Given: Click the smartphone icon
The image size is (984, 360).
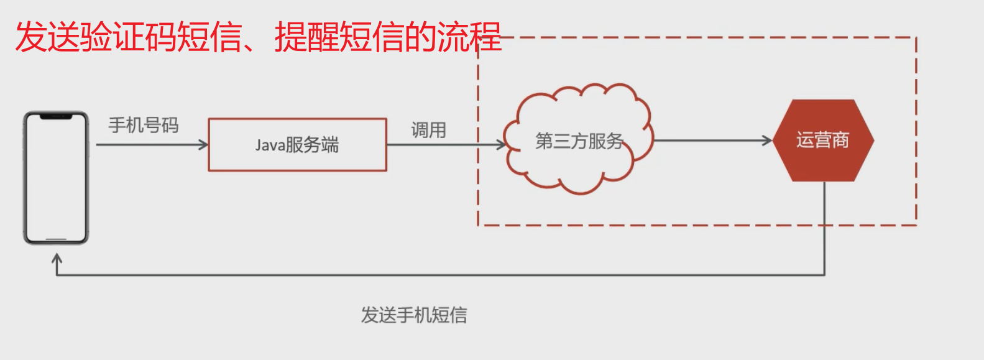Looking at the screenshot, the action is [56, 178].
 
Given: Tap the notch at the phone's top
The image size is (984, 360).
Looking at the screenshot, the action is [56, 116].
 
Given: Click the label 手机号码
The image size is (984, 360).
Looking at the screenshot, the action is [144, 125].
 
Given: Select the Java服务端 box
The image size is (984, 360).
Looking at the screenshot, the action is [297, 144].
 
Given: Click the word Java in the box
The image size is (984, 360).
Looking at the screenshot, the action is [270, 145].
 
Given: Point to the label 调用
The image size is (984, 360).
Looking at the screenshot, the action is [429, 130].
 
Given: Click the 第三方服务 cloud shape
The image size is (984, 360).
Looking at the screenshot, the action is [579, 139].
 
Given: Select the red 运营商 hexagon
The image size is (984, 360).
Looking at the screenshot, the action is [823, 141].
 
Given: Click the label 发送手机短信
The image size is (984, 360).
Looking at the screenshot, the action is [414, 315].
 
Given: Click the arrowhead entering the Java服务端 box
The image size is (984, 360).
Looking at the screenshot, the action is [203, 145].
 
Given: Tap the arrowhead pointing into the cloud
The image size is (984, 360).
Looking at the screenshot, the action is [502, 145].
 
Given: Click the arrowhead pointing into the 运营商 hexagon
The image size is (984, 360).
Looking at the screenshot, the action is [767, 141].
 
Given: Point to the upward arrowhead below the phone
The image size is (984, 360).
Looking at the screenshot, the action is [57, 258].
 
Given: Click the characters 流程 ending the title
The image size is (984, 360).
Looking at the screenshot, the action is [469, 37].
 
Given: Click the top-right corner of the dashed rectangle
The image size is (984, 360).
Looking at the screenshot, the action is [916, 37].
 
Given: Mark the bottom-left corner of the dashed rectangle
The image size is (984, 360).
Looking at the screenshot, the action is [478, 225].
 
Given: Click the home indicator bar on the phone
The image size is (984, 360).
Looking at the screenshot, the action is [56, 239].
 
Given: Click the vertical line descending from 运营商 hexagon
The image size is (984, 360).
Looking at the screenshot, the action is [824, 228].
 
